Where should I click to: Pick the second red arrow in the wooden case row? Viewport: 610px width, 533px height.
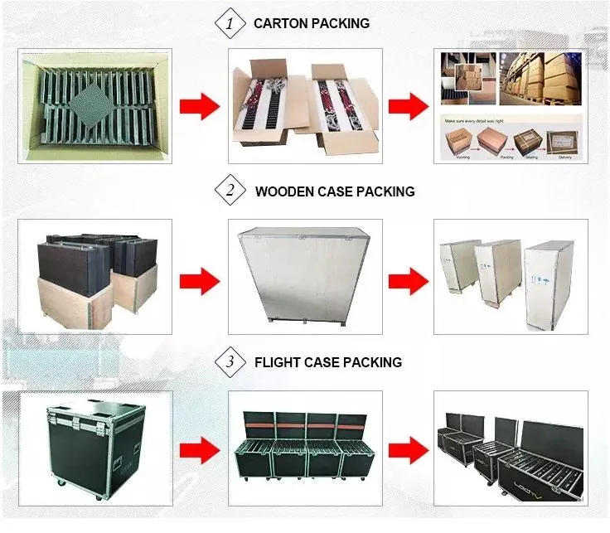click(x=407, y=277)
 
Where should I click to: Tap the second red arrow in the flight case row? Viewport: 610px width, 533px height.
click(x=407, y=452)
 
